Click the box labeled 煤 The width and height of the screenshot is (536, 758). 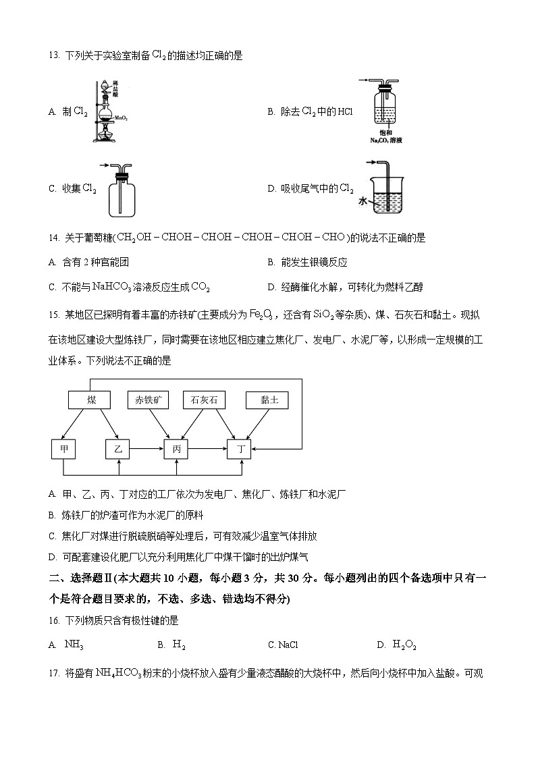point(91,400)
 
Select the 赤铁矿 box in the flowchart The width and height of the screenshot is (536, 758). point(148,400)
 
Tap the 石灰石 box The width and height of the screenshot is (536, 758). point(204,400)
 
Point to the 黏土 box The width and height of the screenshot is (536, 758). point(267,400)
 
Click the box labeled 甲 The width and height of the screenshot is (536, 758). point(63,449)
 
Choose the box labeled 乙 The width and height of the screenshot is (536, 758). point(118,449)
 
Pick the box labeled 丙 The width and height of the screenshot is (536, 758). point(176,449)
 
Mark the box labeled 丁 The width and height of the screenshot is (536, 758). point(238,449)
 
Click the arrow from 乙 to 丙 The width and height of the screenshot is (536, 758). point(147,448)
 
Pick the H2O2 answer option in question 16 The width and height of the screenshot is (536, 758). point(404,645)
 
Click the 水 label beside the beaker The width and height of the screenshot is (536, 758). point(363,200)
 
